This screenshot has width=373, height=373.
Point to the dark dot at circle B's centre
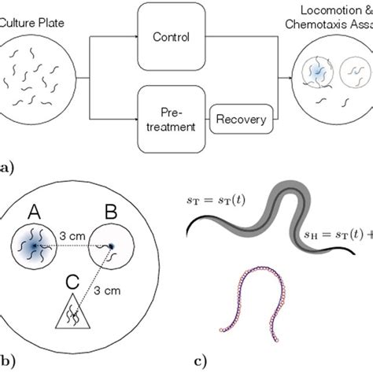pos(112,247)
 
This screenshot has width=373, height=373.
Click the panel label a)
pos(6,168)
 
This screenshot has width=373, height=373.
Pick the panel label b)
pos(6,363)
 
